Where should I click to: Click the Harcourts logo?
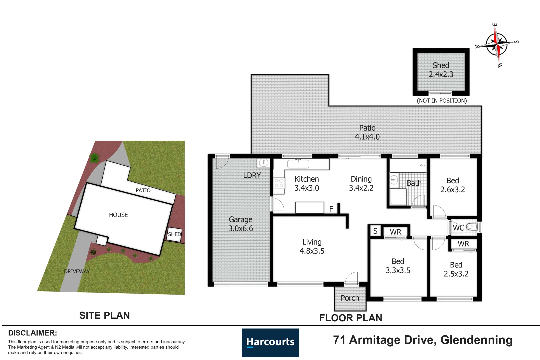tap(270, 342)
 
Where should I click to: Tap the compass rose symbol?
tap(497, 45)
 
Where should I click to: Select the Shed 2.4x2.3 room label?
tap(441, 70)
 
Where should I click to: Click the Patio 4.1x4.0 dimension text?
tap(367, 132)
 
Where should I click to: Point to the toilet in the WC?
tap(472, 227)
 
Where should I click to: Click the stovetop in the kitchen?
tap(279, 183)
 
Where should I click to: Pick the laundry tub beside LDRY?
tap(264, 163)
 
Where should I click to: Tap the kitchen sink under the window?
tap(298, 164)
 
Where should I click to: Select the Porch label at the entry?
tap(350, 298)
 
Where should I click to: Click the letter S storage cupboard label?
tap(375, 231)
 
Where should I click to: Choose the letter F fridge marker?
tap(331, 209)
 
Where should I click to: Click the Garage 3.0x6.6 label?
tap(241, 224)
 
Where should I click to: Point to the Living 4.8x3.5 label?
tap(312, 246)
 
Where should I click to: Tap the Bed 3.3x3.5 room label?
tap(398, 266)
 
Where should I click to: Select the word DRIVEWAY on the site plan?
tap(77, 271)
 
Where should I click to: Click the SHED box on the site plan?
tap(174, 234)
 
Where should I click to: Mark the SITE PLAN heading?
tap(105, 315)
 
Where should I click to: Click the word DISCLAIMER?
tap(33, 333)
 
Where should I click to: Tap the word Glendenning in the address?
tap(477, 340)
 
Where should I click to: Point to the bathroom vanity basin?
tap(394, 180)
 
